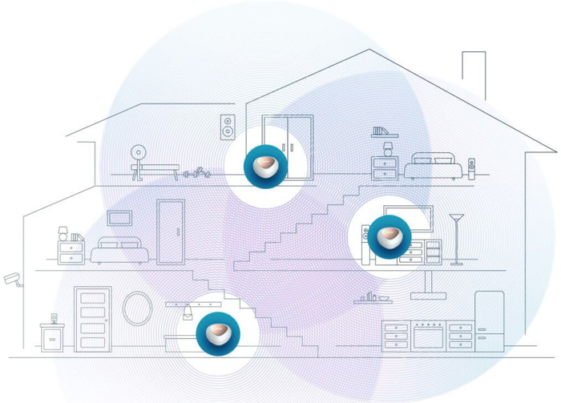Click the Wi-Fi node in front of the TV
tap(389, 233)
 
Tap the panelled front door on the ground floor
tap(93, 317)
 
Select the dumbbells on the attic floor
tap(196, 171)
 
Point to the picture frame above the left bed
tap(120, 217)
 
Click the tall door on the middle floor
tap(171, 232)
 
